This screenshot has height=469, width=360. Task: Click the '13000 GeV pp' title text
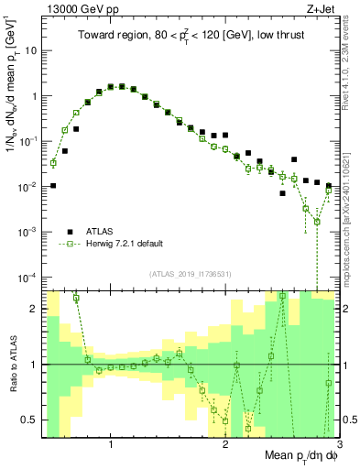tap(80, 8)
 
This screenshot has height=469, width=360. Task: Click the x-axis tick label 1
tap(111, 445)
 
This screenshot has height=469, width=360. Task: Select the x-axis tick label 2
tap(225, 445)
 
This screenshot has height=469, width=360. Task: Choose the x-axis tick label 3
tap(338, 445)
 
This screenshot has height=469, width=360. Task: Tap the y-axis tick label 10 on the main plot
tap(31, 50)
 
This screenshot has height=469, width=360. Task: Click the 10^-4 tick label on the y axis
tap(29, 277)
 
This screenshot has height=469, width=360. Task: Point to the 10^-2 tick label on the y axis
tap(29, 186)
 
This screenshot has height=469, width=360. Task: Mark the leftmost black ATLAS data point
tap(53, 186)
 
